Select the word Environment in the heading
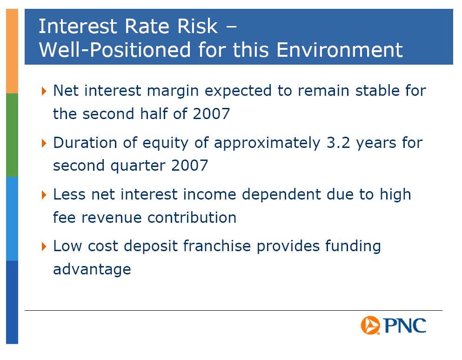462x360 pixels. pyautogui.click(x=340, y=50)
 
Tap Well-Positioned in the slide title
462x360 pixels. pyautogui.click(x=115, y=50)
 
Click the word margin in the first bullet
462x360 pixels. pyautogui.click(x=173, y=91)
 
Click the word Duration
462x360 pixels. pyautogui.click(x=85, y=143)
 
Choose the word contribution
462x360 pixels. pyautogui.click(x=192, y=218)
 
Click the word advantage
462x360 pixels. pyautogui.click(x=92, y=270)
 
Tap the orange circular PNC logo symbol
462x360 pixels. pyautogui.click(x=370, y=325)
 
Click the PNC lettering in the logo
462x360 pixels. pyautogui.click(x=405, y=326)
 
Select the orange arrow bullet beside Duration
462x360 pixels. pyautogui.click(x=44, y=143)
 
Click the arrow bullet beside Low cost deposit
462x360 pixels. pyautogui.click(x=44, y=247)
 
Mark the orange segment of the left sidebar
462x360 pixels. pyautogui.click(x=12, y=51)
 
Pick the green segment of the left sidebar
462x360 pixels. pyautogui.click(x=12, y=135)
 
